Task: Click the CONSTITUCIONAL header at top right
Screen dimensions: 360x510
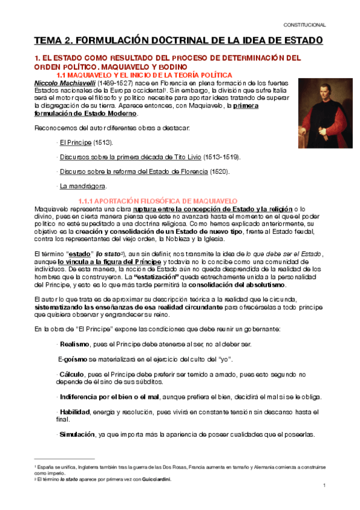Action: click(x=305, y=25)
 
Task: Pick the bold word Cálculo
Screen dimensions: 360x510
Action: click(x=72, y=374)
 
